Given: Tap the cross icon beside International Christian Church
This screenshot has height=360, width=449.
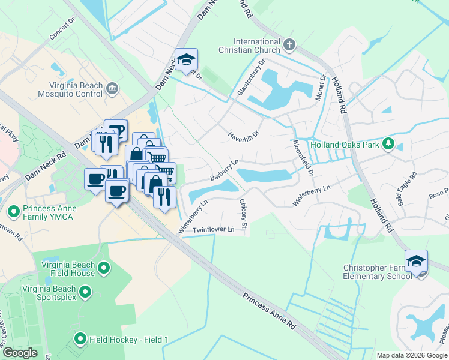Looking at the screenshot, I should point(289,45).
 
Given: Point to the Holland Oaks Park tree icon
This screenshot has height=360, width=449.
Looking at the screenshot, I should point(388,144).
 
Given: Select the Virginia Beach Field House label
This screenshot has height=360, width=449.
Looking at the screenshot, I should point(68,269).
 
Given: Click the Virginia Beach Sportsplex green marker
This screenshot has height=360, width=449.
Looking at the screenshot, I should point(85,292).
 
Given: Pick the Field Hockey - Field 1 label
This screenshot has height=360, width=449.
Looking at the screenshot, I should point(129,340).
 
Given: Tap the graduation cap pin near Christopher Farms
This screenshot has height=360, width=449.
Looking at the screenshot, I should point(416,262).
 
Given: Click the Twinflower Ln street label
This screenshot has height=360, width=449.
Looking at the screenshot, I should point(213,230).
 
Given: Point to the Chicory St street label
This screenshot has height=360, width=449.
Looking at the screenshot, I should point(243,214).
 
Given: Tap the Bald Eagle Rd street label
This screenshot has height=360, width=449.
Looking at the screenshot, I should point(406,185).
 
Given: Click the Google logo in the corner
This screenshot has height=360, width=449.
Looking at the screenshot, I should point(20,352).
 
